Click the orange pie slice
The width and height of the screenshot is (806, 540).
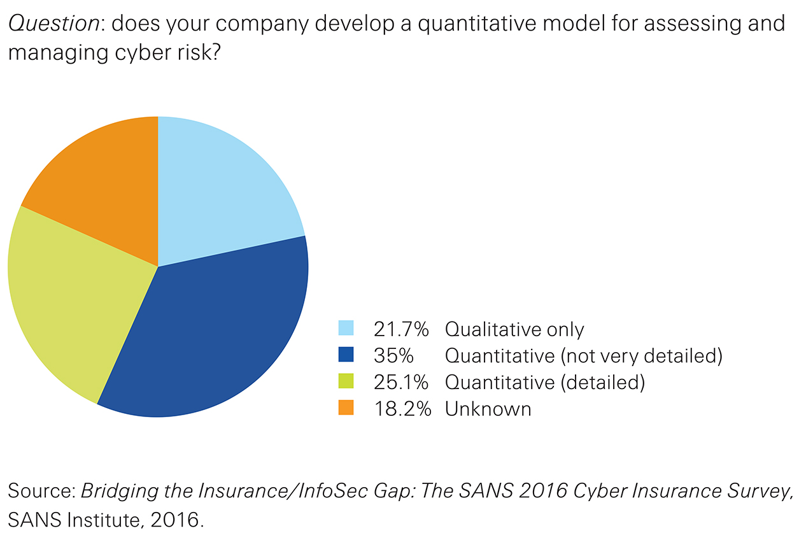(102, 178)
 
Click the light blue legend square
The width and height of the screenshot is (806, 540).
(346, 329)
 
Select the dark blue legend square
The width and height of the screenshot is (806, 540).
(346, 355)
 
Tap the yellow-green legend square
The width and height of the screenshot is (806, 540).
(346, 381)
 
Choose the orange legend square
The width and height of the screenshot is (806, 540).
(346, 408)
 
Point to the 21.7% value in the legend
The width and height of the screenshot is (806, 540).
(401, 329)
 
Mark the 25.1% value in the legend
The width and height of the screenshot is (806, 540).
(401, 382)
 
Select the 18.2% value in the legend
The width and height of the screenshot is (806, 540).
(402, 408)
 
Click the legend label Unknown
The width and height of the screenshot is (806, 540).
(488, 408)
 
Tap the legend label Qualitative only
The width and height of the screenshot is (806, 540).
(514, 329)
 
